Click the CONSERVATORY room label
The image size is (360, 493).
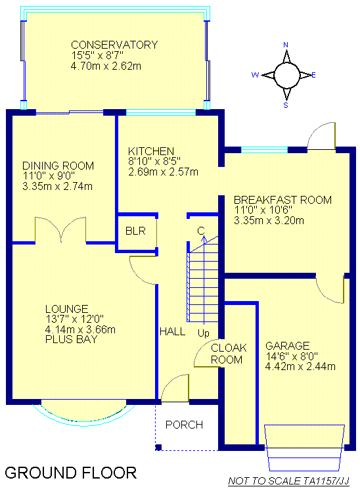[114, 45]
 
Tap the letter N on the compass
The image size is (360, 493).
[286, 45]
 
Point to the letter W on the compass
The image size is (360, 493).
[255, 75]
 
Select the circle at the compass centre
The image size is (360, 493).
[288, 75]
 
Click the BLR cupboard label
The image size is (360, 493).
[135, 231]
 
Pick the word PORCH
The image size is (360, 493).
[184, 425]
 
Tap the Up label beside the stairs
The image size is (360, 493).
[204, 333]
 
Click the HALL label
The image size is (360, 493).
[173, 331]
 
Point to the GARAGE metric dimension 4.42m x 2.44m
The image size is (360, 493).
[300, 367]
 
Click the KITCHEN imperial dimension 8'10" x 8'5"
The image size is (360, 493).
[154, 161]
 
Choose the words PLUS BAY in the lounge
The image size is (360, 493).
[72, 340]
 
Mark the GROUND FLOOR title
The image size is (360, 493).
[71, 473]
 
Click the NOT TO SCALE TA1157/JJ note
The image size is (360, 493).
[288, 481]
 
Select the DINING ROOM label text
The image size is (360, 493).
[58, 166]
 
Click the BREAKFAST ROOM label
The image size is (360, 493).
[282, 200]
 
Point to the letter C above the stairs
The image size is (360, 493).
[201, 231]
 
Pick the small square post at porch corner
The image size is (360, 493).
[158, 447]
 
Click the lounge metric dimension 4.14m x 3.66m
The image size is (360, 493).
[80, 330]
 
